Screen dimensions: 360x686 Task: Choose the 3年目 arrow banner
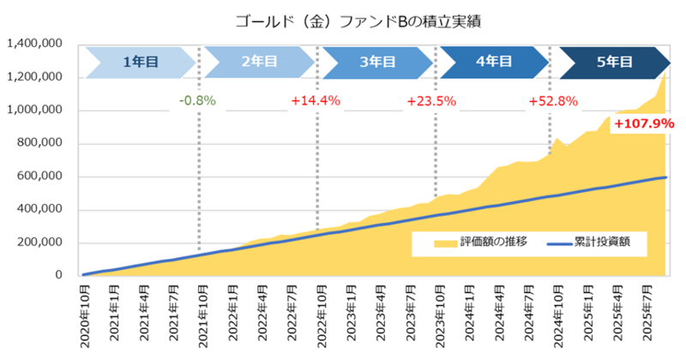point(377,62)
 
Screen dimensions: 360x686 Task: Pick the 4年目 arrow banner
point(494,62)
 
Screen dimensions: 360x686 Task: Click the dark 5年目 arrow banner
point(614,62)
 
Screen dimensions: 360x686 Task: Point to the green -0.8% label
point(197,100)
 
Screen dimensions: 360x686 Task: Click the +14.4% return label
point(316,100)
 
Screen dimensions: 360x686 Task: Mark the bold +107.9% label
point(643,123)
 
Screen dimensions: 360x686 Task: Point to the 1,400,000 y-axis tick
point(34,44)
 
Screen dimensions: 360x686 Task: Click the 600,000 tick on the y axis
point(39,177)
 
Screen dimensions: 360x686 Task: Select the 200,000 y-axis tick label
point(39,243)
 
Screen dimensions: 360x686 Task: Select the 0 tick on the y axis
point(60,276)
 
